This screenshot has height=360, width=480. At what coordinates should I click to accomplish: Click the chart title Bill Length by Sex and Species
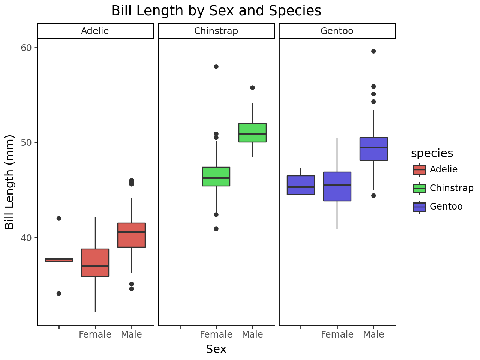[x=216, y=11]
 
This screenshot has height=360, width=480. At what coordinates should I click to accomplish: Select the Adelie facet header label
[x=95, y=31]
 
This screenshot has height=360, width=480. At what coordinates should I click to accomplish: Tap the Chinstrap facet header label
[x=216, y=31]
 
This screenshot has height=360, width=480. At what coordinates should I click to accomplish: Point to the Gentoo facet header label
[x=337, y=31]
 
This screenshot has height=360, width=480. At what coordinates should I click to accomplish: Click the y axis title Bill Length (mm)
[x=9, y=182]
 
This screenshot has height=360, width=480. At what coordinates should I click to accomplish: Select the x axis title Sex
[x=216, y=349]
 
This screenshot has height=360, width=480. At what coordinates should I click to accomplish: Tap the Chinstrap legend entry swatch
[x=419, y=188]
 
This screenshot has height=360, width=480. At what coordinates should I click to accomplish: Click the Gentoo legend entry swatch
[x=419, y=207]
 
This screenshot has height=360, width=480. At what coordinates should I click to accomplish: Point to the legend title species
[x=432, y=153]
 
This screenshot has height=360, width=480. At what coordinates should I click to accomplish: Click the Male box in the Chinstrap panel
[x=252, y=133]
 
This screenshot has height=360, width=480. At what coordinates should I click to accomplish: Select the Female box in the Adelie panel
[x=95, y=262]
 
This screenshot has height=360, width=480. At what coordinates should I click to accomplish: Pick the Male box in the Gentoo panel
[x=373, y=149]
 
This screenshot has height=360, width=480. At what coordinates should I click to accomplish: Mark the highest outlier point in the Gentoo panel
[x=373, y=51]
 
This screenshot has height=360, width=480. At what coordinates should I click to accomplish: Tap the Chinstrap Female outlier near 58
[x=216, y=67]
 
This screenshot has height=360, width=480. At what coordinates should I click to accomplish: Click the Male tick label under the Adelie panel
[x=131, y=334]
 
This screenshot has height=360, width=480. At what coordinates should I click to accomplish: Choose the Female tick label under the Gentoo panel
[x=337, y=334]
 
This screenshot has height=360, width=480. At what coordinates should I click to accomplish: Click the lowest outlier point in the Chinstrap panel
[x=216, y=229]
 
